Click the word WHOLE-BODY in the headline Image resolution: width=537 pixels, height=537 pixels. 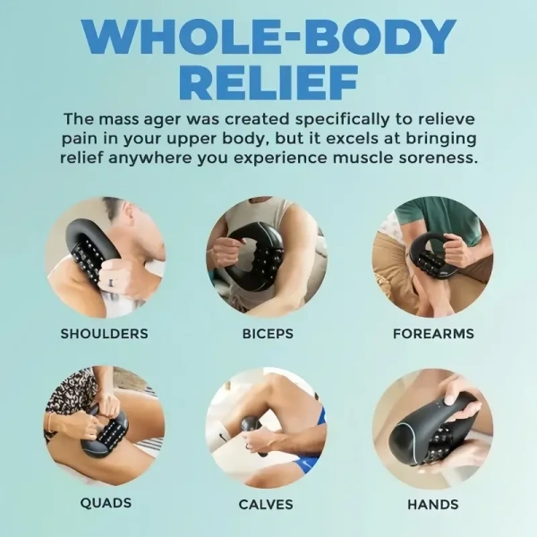[x=268, y=36]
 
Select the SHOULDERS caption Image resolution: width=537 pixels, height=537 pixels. [x=105, y=334]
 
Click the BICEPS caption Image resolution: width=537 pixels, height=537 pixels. [x=268, y=334]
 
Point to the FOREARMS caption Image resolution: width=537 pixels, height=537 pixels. [x=433, y=334]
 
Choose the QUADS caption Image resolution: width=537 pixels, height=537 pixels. [x=106, y=503]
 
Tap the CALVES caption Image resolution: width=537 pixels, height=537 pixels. [x=266, y=505]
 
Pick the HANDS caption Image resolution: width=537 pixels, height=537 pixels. [x=433, y=505]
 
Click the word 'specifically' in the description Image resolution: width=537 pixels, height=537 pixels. [x=343, y=120]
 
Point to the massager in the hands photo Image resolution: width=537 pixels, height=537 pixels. [x=431, y=430]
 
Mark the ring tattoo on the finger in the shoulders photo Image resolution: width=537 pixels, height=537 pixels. [x=110, y=283]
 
